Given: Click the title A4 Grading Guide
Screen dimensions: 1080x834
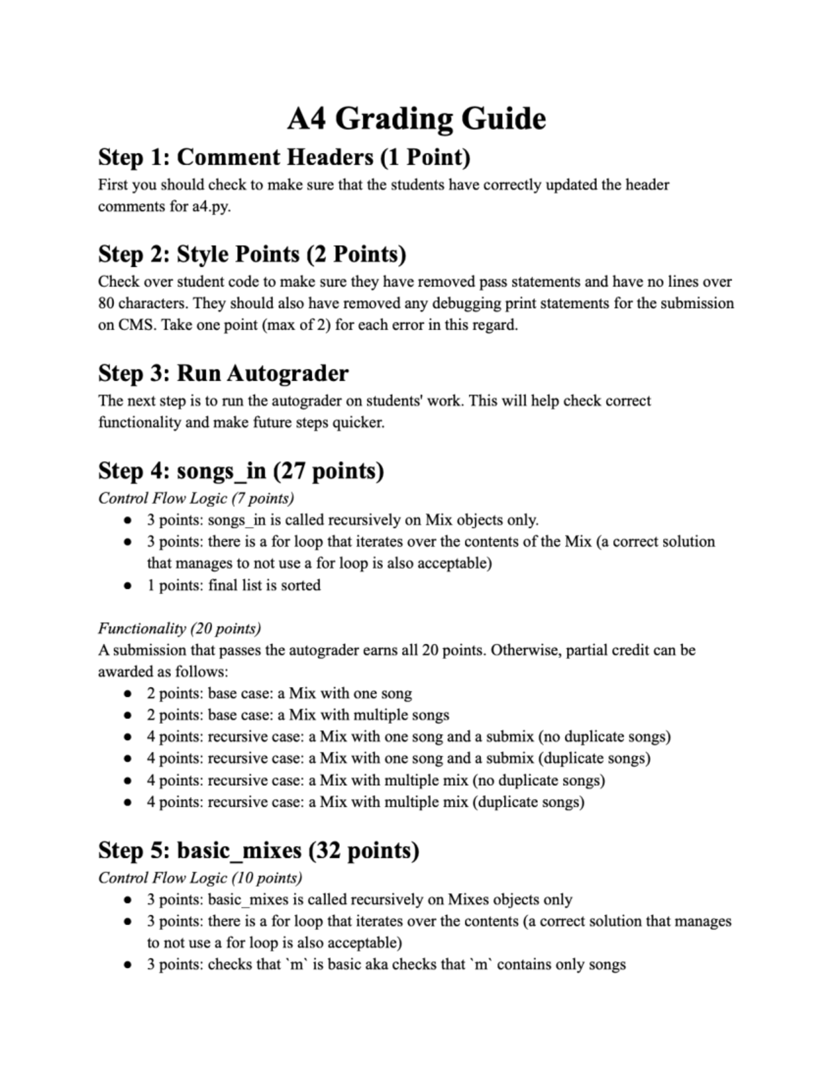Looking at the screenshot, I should (416, 118).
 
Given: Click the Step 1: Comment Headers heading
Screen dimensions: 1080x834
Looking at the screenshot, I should (284, 157).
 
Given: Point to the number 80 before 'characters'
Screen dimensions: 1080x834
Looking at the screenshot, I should (106, 303).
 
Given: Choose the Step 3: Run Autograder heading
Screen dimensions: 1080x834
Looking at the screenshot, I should (223, 373).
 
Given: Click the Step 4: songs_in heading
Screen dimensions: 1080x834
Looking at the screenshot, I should (240, 471).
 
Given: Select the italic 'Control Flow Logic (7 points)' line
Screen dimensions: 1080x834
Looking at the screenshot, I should (196, 498).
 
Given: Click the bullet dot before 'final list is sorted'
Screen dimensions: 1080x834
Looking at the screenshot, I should (127, 586).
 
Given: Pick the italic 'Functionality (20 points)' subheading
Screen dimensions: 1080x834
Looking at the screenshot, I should (179, 629).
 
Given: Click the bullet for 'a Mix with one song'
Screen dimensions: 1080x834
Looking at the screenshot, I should (127, 694).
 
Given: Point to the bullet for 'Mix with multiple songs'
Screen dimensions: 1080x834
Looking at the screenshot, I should (127, 716).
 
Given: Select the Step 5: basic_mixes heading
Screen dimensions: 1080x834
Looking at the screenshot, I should (259, 851).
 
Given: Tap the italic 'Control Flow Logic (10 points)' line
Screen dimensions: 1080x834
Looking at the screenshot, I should (199, 878).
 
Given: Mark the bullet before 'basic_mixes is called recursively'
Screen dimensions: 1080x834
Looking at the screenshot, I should (127, 900).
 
